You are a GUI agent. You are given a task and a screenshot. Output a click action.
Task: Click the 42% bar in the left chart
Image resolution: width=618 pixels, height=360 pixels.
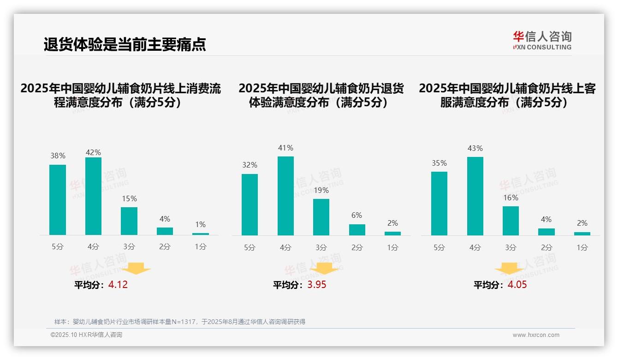[93, 196]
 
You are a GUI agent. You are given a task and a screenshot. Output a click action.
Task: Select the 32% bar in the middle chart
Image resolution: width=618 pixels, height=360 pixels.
[250, 204]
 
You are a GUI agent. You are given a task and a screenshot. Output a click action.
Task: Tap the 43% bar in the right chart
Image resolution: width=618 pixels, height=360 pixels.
[475, 196]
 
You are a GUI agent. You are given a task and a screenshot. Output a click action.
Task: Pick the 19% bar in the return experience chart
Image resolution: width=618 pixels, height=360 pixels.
[321, 217]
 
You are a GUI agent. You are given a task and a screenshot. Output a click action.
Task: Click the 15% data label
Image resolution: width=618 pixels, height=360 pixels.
[129, 199]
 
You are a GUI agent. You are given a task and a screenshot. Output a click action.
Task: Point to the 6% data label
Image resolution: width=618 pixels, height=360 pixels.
[357, 216]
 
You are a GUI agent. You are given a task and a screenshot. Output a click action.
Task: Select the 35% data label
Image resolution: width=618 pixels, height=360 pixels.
[439, 163]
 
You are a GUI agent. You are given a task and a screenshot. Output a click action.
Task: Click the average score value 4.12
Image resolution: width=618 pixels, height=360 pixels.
[118, 285]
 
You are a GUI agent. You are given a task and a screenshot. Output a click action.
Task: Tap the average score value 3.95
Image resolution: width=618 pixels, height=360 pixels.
[317, 285]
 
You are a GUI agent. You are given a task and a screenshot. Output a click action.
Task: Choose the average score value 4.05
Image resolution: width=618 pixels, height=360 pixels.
[517, 285]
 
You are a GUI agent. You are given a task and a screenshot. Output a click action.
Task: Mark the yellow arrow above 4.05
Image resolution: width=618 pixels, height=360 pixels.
[509, 269]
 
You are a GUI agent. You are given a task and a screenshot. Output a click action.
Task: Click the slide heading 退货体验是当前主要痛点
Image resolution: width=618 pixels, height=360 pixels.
[125, 44]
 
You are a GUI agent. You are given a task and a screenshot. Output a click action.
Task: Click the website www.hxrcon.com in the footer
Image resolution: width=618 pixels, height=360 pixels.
[536, 335]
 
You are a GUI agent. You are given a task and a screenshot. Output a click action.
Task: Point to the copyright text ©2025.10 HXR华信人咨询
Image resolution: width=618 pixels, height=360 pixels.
[86, 335]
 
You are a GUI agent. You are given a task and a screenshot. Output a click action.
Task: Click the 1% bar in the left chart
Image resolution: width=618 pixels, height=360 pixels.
[201, 234]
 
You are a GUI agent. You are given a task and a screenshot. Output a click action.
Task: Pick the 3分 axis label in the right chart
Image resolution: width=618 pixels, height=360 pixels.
[511, 248]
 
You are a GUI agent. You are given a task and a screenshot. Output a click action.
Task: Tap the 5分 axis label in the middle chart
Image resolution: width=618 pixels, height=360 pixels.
[250, 248]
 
